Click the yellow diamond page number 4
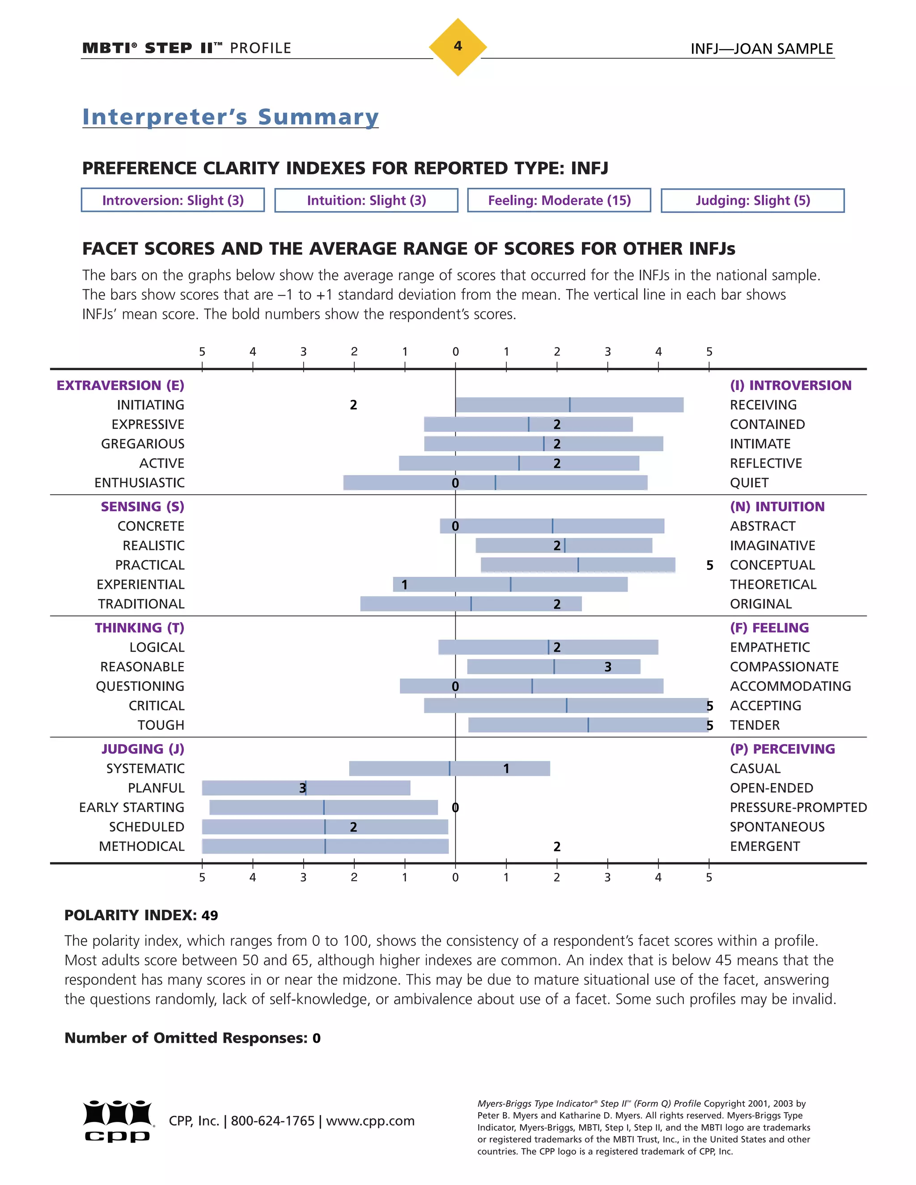[x=458, y=47]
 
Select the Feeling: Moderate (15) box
[x=559, y=200]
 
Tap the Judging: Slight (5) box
[x=752, y=200]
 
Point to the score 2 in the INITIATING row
[x=353, y=405]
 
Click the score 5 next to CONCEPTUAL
[x=709, y=565]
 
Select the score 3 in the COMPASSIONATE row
[x=608, y=667]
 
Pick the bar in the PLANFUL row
[x=358, y=788]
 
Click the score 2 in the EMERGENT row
[x=557, y=846]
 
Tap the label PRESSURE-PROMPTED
[x=798, y=807]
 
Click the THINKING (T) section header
[x=140, y=628]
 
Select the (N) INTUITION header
[x=776, y=506]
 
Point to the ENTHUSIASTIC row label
[x=140, y=483]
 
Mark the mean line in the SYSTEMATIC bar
[x=450, y=768]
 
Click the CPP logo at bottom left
[x=118, y=1121]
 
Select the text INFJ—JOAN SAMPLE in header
[x=761, y=49]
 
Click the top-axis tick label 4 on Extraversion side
[x=252, y=351]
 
